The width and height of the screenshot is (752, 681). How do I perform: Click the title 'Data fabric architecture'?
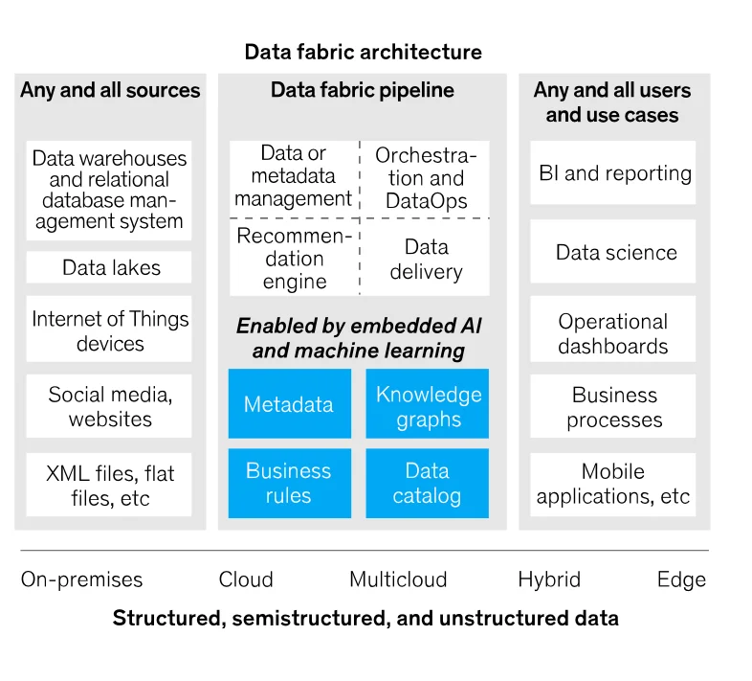coord(363,52)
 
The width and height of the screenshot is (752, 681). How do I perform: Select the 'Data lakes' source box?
coord(110,267)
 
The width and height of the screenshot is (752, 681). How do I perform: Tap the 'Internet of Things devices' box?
coord(110,330)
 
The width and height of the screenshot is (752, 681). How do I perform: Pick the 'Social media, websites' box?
coord(110,406)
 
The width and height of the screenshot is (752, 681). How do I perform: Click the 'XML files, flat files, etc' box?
coord(110,485)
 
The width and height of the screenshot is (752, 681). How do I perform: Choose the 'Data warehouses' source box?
coord(110,189)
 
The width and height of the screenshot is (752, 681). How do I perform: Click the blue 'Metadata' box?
coord(288,404)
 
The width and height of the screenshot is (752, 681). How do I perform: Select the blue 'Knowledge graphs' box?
coord(428,406)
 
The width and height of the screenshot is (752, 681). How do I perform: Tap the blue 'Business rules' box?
coord(288,483)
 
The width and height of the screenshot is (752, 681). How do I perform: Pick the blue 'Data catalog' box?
coord(427,483)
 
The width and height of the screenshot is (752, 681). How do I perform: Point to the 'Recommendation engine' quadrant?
coord(295,258)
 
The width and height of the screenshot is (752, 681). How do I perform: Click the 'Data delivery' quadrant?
coord(426,259)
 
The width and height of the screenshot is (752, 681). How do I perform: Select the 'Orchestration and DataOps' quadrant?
coord(426,178)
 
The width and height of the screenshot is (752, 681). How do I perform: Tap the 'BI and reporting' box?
coord(614,173)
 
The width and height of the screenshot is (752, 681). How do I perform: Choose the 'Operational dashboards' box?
coord(613,333)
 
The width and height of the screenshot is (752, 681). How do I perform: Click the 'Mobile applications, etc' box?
coord(613,484)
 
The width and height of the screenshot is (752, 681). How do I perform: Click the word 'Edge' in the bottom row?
coord(681,579)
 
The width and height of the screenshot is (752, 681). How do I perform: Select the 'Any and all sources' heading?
coord(110,91)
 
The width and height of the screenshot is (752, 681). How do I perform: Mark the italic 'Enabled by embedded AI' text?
coord(359,326)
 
